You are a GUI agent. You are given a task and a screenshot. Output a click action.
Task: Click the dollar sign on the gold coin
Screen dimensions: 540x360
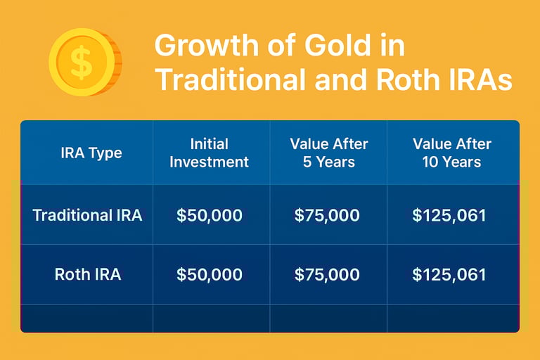[82, 62]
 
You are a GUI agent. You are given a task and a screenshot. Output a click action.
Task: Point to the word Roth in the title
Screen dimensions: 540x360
[409, 80]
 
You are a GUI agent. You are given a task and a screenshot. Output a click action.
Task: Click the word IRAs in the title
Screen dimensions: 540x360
[481, 80]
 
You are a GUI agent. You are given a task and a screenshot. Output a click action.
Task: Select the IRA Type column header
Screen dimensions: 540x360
[91, 153]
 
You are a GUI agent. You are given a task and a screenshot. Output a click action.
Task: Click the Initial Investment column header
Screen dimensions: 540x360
[209, 153]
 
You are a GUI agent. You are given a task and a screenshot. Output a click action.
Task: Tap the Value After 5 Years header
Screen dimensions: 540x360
[329, 153]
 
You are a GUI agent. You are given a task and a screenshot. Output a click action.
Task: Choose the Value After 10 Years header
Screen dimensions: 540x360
[452, 153]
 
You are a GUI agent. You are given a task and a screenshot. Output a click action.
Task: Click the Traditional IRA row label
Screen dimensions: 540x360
[87, 215]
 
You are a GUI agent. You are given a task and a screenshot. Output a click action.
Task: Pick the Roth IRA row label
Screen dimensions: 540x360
[88, 274]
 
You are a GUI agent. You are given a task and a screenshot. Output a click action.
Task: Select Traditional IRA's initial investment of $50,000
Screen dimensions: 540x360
[210, 215]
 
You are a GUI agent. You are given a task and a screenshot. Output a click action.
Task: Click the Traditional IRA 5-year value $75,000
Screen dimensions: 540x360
[327, 215]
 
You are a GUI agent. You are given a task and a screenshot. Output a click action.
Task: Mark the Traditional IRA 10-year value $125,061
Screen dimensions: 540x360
[449, 215]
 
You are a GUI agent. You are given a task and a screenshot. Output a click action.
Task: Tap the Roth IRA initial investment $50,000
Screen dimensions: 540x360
[210, 274]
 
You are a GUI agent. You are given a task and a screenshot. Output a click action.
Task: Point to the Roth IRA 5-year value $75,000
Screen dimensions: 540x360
[327, 274]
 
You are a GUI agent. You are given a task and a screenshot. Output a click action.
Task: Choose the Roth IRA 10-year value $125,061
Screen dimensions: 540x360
[449, 274]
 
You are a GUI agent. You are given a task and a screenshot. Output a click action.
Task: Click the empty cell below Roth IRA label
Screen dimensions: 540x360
[86, 319]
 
